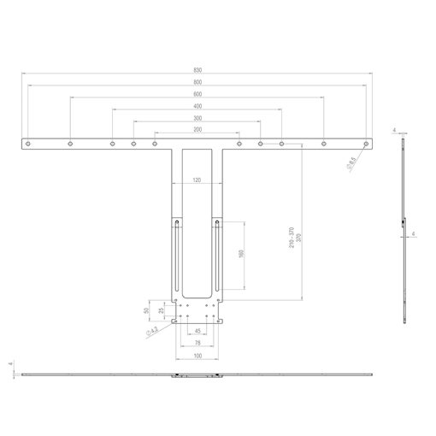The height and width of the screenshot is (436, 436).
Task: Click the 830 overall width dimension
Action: [x=197, y=70]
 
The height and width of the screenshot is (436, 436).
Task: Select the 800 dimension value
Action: [x=197, y=82]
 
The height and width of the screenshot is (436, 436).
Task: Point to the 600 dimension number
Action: [x=197, y=94]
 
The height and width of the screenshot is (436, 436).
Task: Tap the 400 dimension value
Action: [x=197, y=106]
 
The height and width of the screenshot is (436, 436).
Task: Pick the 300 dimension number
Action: [x=197, y=118]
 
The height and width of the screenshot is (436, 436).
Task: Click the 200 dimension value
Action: [x=197, y=130]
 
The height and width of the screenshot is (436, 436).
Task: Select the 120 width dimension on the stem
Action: [x=197, y=180]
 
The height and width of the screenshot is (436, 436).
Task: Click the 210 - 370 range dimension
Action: [x=292, y=238]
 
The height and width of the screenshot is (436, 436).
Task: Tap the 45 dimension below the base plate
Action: [x=197, y=330]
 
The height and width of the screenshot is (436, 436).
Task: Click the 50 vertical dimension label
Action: [x=151, y=310]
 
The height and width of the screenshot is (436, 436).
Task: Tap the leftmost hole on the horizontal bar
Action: [x=29, y=144]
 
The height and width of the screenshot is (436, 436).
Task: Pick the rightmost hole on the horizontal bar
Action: [x=366, y=144]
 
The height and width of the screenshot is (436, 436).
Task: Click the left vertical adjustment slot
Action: [x=176, y=256]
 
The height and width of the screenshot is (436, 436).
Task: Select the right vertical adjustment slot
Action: [x=218, y=256]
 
